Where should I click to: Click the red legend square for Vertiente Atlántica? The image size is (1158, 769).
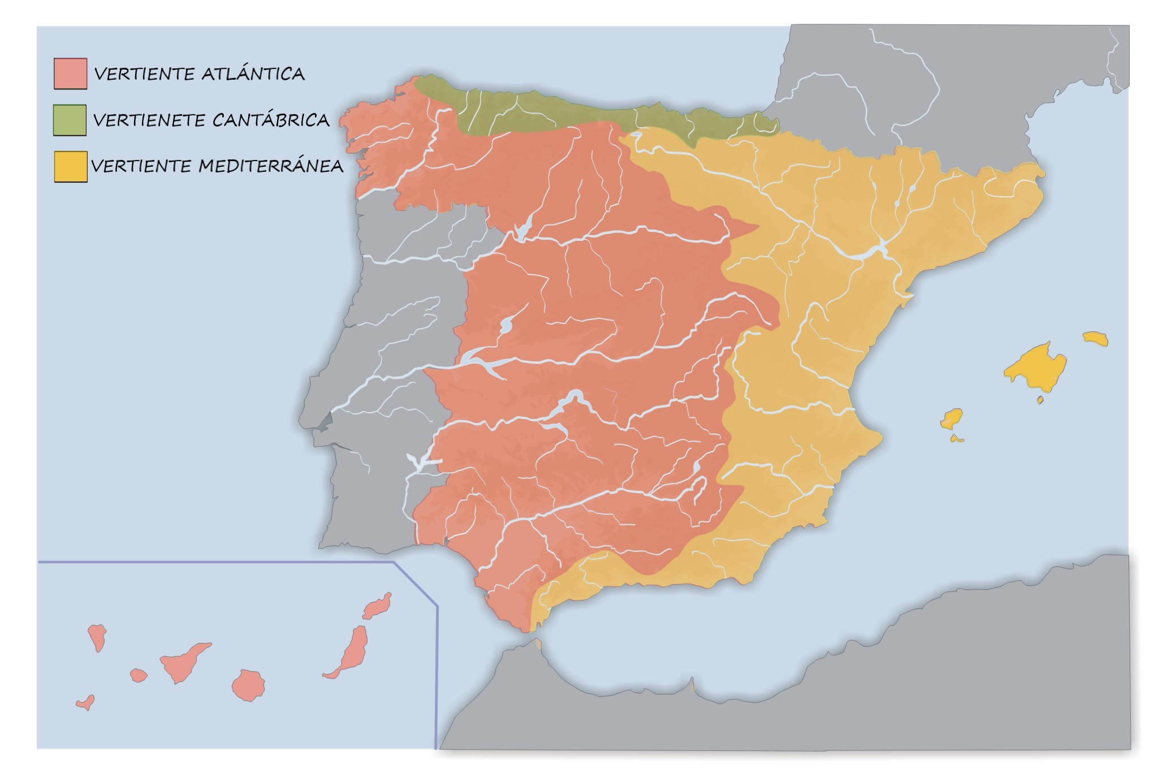[x=71, y=74]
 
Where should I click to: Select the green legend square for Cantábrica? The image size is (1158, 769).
[x=70, y=120]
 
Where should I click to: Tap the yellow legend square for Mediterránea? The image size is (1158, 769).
[x=71, y=166]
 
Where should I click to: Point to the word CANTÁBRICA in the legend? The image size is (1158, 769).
[x=271, y=120]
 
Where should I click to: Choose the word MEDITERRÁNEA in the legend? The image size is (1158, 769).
[x=271, y=166]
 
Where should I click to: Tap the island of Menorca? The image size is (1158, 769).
[x=1096, y=338]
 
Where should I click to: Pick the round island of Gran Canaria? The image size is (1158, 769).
[x=248, y=685]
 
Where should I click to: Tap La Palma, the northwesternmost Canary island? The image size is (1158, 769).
[x=97, y=636]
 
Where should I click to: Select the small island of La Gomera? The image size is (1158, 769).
[x=138, y=675]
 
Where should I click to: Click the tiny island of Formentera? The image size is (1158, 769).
[x=957, y=439]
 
